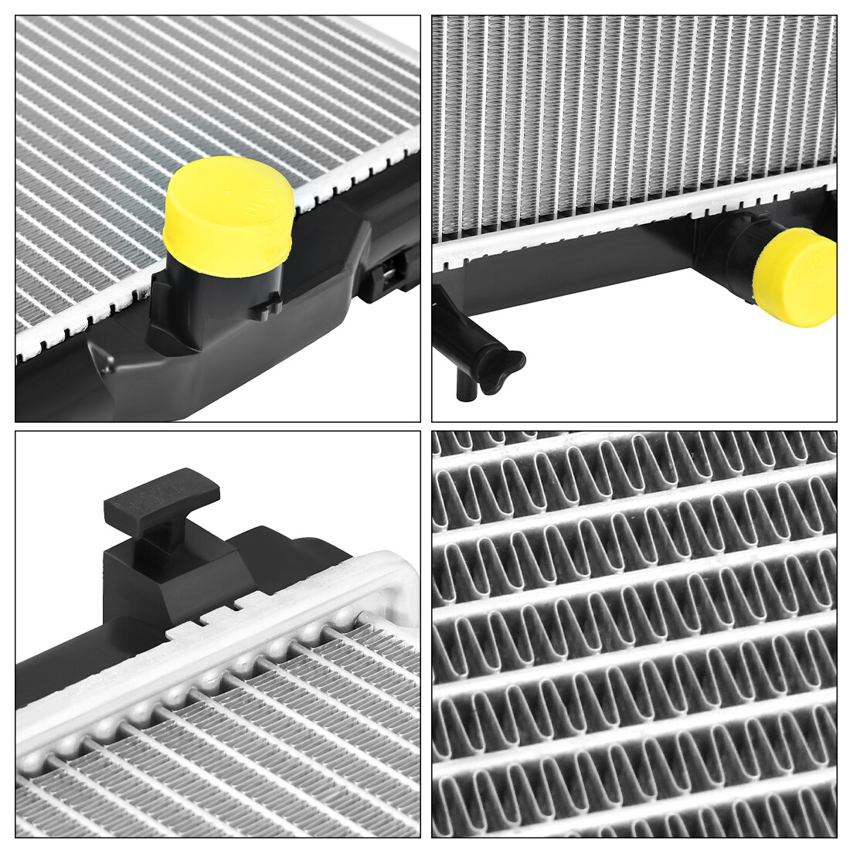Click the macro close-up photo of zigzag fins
(634, 634)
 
